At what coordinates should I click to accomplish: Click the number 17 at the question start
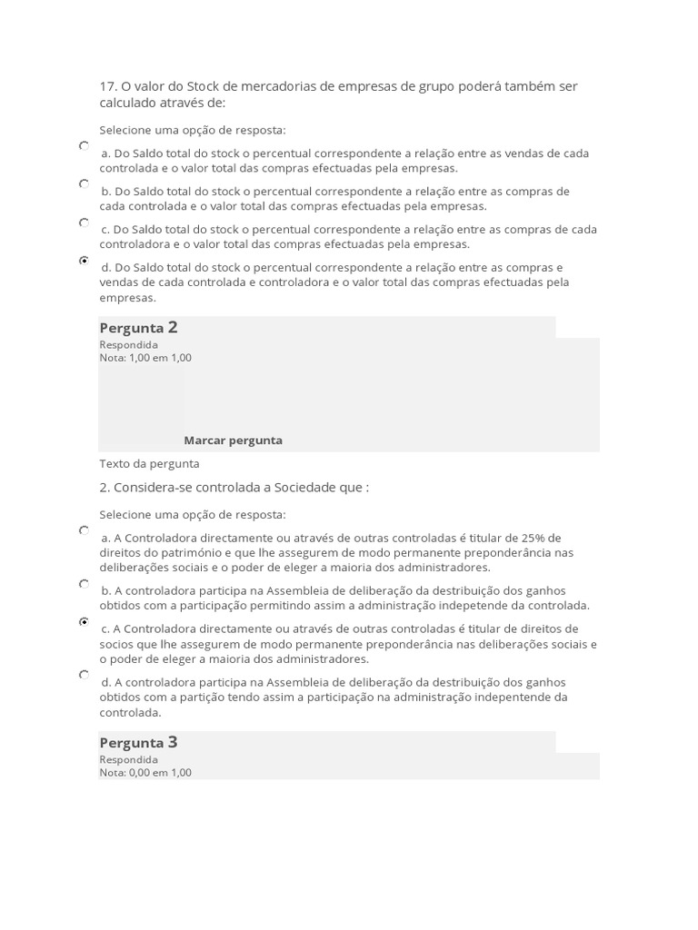point(107,86)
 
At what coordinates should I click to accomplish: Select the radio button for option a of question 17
point(84,145)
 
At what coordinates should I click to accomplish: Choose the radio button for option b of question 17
point(84,183)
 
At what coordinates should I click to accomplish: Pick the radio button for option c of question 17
point(84,222)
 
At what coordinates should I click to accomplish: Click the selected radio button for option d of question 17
point(84,260)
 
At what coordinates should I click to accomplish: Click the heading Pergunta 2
point(138,328)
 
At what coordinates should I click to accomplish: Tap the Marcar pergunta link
point(233,440)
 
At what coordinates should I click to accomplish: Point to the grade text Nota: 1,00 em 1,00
point(145,358)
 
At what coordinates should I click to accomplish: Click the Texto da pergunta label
point(149,464)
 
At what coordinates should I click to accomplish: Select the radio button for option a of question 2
point(84,529)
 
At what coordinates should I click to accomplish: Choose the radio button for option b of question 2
point(84,583)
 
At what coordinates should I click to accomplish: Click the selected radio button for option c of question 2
point(84,621)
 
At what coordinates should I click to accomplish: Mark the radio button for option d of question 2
point(84,675)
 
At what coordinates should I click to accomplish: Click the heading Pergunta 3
point(138,743)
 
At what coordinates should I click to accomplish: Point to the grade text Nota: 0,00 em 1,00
point(145,773)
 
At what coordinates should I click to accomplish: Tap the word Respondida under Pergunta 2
point(128,345)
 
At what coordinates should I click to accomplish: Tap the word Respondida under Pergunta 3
point(128,760)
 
